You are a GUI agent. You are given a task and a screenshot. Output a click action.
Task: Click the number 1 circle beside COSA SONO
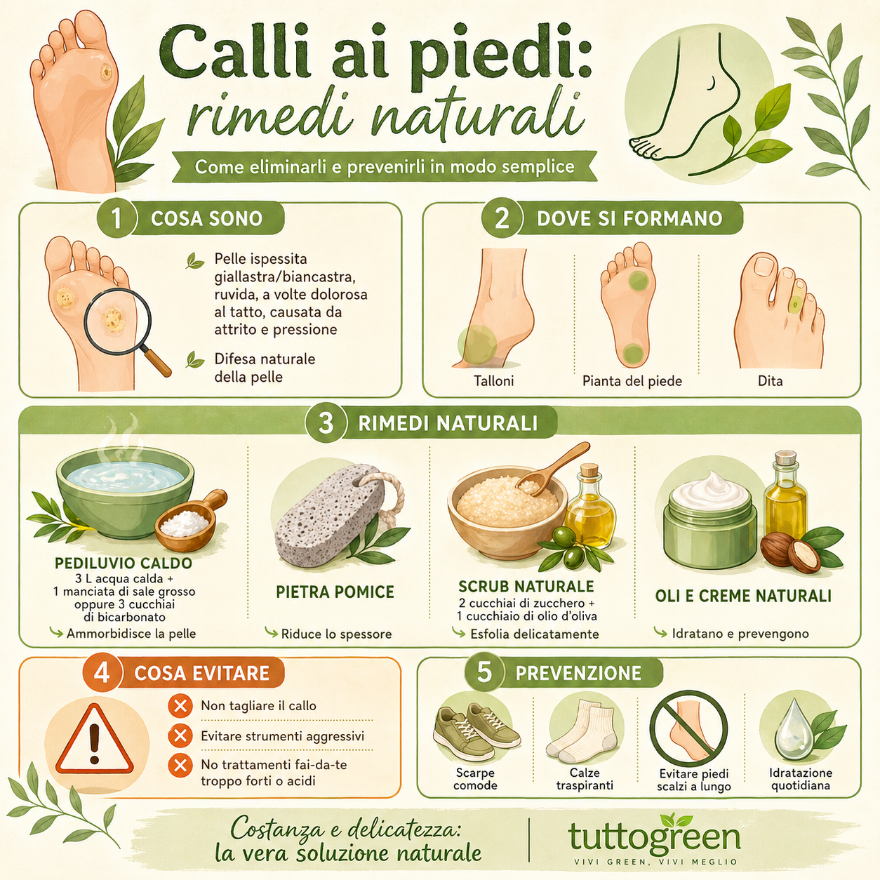[x=116, y=218]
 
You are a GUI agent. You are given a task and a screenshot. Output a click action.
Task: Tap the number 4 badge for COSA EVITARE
[x=102, y=673]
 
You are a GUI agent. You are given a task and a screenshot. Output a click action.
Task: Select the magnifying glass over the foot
[x=119, y=323]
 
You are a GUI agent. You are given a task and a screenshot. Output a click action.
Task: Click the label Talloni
[x=493, y=381]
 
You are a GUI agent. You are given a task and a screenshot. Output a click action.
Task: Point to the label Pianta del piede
[x=632, y=381]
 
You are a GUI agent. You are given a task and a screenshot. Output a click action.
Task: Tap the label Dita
[x=770, y=381]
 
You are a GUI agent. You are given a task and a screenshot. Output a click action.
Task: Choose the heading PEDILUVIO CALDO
[x=124, y=563]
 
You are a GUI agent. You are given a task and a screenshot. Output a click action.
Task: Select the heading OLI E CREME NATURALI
[x=743, y=596]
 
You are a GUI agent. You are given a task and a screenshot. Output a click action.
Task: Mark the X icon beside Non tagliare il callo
[x=180, y=705]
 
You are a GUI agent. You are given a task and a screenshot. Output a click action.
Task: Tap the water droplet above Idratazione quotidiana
[x=793, y=730]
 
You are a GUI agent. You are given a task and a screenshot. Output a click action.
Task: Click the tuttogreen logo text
[x=654, y=837]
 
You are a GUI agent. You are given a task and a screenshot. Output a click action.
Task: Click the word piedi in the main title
[x=500, y=56]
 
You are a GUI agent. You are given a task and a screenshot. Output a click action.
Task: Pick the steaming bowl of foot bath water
[x=125, y=491]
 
